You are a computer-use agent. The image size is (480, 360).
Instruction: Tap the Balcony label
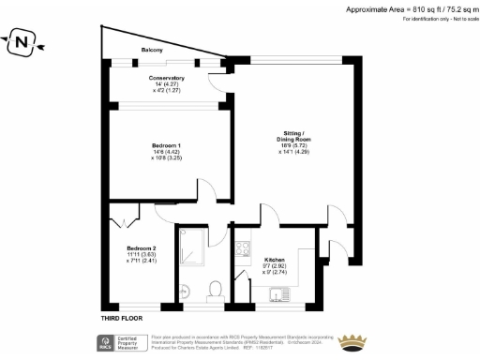153,49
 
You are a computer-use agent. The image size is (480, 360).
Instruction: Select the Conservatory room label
165,78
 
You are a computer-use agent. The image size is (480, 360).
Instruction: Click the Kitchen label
275,259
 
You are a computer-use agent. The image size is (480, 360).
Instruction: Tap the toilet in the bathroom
215,289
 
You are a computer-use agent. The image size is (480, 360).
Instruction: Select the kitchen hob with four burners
242,250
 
